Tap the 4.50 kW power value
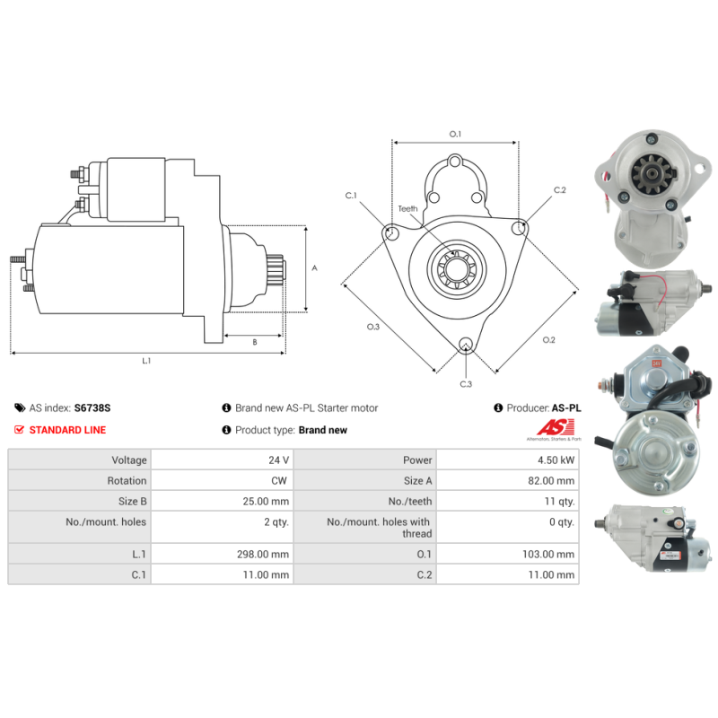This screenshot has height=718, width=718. click(557, 460)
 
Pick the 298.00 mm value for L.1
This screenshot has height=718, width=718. click(267, 555)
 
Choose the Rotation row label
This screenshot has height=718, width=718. click(127, 480)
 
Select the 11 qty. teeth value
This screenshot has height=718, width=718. click(557, 501)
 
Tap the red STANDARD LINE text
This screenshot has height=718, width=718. click(67, 430)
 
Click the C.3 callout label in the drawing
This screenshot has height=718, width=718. click(466, 384)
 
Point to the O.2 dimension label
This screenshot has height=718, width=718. click(549, 339)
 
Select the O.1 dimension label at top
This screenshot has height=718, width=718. click(455, 135)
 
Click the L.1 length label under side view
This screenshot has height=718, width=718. click(146, 361)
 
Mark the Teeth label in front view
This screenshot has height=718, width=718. click(408, 208)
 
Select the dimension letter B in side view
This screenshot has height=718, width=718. click(254, 342)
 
